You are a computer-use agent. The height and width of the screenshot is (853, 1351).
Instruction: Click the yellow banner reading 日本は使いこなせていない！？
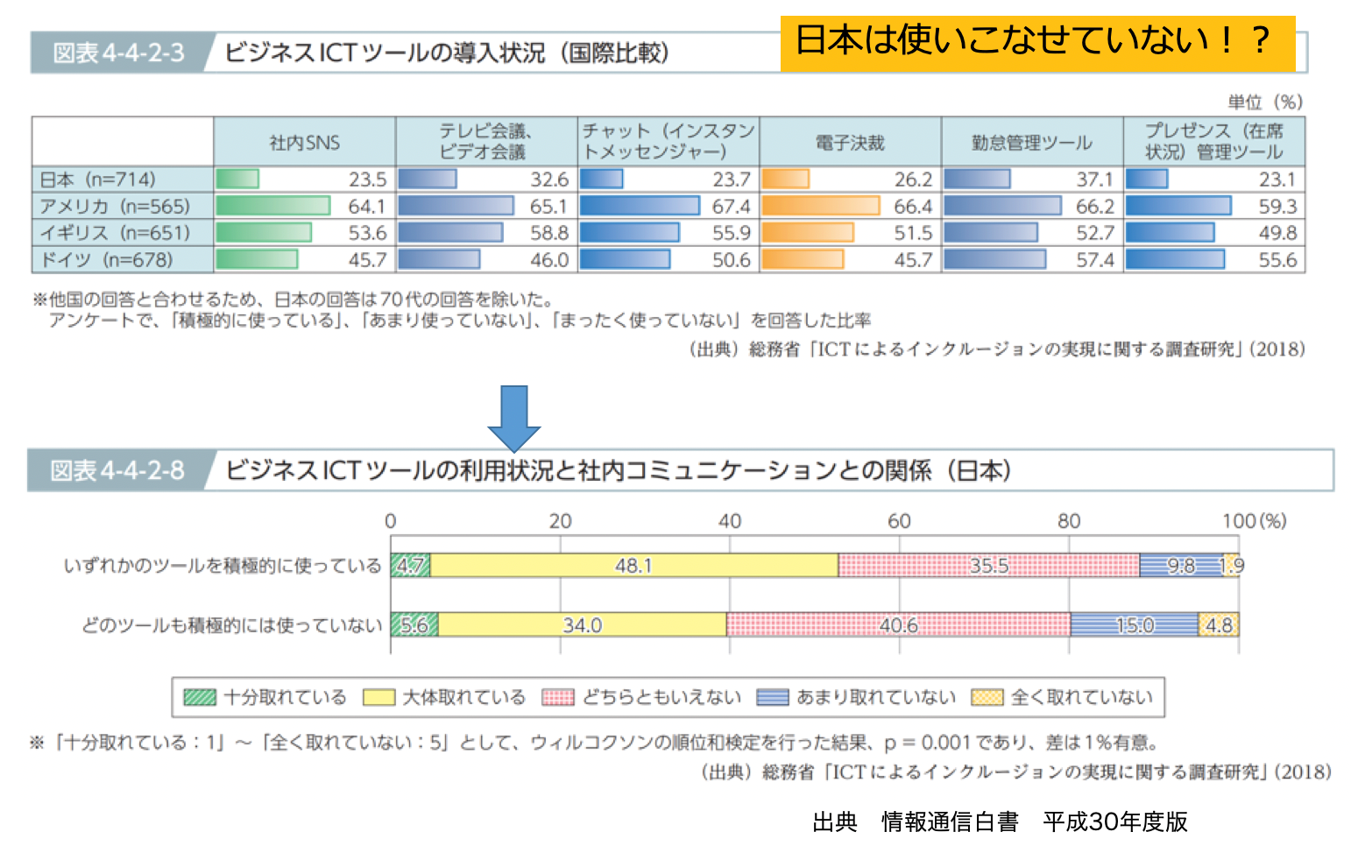1036,42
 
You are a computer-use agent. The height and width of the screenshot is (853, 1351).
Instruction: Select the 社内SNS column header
304,142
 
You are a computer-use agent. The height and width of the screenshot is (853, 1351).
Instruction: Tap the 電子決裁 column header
850,142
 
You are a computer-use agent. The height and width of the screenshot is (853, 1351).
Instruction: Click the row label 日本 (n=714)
98,180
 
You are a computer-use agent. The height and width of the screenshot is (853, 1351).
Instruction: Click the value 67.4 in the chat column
731,207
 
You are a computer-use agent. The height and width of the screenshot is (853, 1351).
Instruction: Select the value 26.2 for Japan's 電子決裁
913,180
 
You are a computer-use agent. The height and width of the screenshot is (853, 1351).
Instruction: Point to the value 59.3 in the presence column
1277,207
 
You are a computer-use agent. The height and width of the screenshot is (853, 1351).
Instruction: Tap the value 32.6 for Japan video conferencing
549,180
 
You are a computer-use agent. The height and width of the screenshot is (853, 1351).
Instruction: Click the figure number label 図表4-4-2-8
117,471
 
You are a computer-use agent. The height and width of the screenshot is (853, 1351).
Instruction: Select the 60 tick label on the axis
899,521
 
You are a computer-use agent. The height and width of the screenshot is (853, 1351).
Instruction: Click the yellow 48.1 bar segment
633,566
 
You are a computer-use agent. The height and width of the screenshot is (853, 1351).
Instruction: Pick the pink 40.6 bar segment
898,625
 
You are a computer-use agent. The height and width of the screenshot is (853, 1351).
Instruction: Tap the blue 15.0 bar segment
1134,625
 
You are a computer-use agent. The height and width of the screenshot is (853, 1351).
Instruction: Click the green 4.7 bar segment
410,566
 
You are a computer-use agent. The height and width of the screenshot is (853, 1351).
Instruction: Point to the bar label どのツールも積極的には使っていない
232,625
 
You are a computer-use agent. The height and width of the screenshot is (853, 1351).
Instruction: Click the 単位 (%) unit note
1265,102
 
